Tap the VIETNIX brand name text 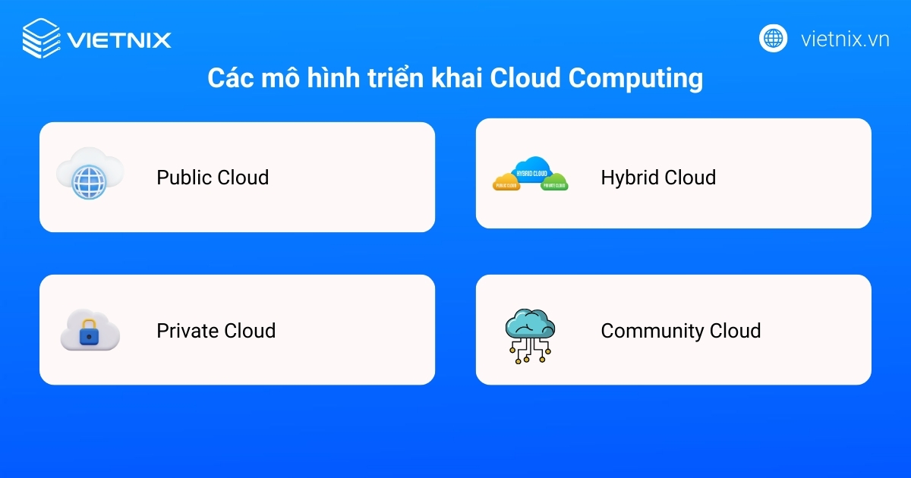pos(119,39)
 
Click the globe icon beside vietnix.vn pos(773,38)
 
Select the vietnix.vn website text pos(845,39)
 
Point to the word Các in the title pos(229,79)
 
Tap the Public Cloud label pos(213,178)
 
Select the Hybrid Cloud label pos(658,178)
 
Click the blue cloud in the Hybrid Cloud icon pos(531,169)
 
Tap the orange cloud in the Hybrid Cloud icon pos(506,182)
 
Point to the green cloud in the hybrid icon pos(554,183)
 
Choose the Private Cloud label pos(216,331)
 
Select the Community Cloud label pos(680,331)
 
